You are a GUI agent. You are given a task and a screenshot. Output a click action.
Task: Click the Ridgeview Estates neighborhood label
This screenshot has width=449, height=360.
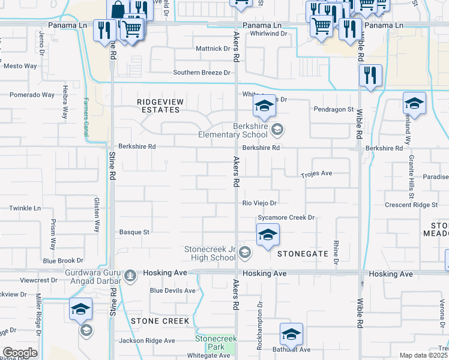(158, 106)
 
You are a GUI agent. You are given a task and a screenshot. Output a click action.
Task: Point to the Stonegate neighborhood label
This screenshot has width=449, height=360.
(303, 254)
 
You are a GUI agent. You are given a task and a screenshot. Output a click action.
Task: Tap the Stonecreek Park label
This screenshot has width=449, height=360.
(215, 343)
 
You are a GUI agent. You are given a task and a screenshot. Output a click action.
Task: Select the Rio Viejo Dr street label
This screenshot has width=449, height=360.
(259, 203)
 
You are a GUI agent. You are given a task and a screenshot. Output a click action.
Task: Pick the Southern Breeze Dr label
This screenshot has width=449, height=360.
(202, 73)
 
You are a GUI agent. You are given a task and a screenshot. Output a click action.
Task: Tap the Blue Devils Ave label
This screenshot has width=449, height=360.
(173, 290)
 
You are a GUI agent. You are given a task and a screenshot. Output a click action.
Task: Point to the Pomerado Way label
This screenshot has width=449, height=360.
(32, 95)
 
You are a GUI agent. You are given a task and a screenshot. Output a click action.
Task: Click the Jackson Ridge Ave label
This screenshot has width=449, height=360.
(146, 340)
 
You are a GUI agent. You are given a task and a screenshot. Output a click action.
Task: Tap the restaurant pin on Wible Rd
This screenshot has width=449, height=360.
(370, 76)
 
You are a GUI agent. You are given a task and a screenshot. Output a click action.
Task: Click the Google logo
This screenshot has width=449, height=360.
(20, 353)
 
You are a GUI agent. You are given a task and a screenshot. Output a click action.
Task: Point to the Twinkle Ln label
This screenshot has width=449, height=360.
(25, 208)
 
